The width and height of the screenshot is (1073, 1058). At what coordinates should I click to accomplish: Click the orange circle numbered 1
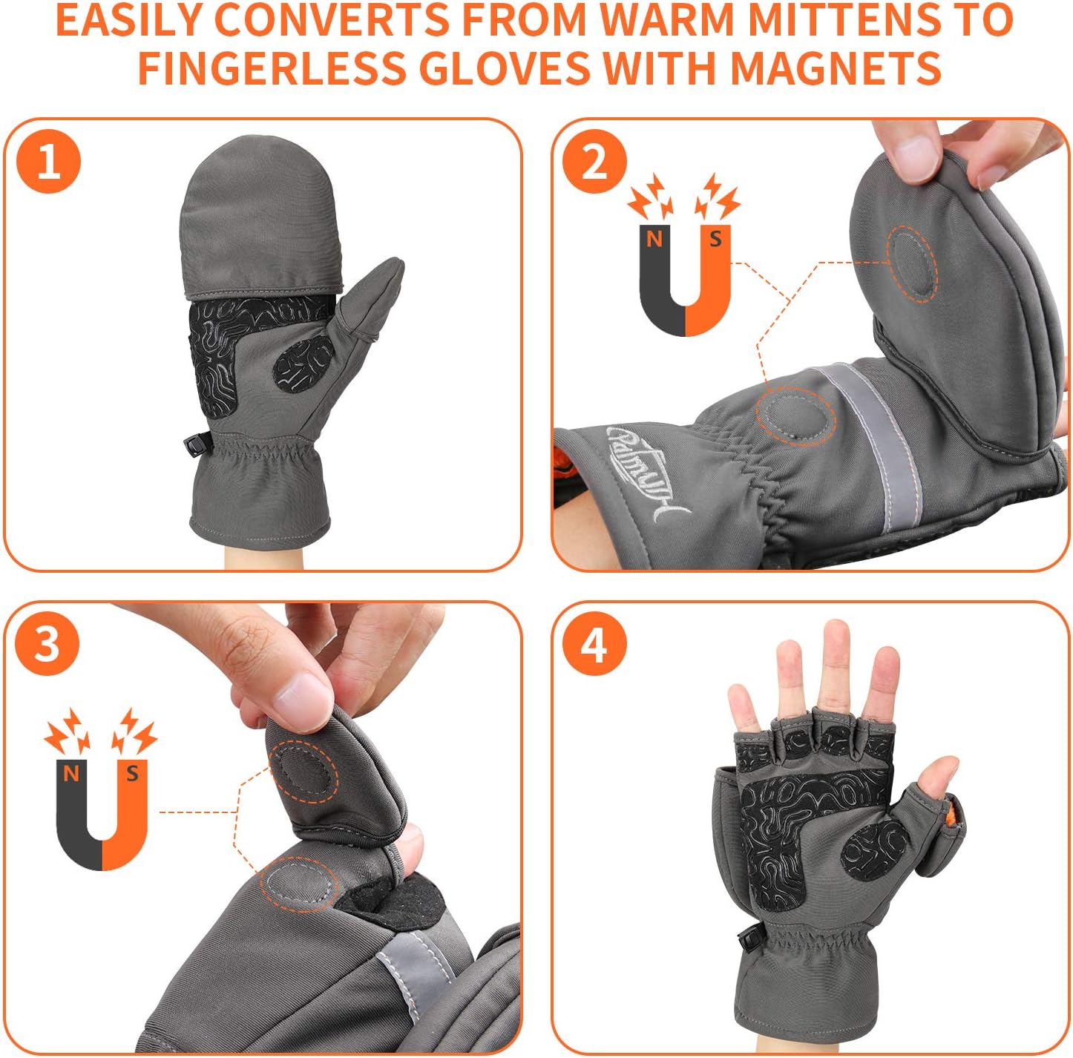pos(49,162)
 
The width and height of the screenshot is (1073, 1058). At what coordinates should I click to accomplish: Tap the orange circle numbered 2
pos(594,162)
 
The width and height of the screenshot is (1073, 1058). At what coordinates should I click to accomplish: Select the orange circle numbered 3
pos(47,644)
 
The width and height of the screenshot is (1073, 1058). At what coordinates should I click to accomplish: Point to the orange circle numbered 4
pos(594,644)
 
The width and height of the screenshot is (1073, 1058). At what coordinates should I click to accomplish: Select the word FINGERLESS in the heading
pos(272,68)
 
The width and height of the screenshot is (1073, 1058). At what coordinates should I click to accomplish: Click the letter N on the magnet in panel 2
pos(654,240)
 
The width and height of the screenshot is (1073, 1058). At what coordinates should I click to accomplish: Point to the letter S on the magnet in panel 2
pos(715,239)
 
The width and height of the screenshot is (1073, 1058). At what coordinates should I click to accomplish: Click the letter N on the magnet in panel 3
pos(70,773)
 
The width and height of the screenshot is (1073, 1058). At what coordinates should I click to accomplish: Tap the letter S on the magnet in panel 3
pos(133,773)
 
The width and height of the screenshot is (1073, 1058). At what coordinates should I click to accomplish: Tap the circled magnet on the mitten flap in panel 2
pos(913,264)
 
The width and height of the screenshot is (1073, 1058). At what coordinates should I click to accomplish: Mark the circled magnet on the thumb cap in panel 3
pos(304,771)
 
